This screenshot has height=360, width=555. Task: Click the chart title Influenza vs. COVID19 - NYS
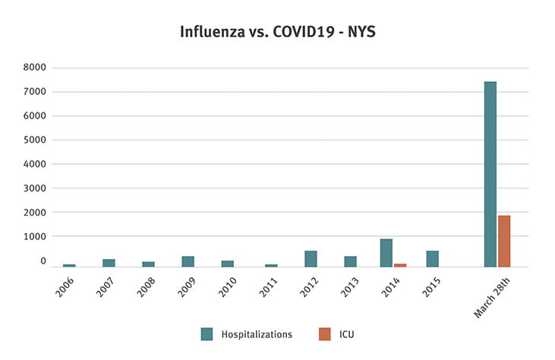(x=277, y=32)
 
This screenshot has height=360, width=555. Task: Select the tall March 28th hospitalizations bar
(x=490, y=174)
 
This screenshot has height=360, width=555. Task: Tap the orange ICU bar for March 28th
(x=504, y=241)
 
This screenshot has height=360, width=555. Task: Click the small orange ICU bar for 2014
(x=400, y=265)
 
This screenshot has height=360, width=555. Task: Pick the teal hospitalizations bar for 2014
(x=386, y=253)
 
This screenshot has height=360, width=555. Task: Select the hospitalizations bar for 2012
(x=311, y=259)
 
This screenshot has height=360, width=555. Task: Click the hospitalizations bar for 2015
(x=432, y=259)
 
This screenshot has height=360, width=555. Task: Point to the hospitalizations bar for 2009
(x=188, y=261)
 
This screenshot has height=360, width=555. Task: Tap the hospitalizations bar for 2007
(x=109, y=263)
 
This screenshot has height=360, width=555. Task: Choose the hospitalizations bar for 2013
(x=350, y=261)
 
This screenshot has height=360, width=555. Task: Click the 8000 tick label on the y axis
(x=35, y=68)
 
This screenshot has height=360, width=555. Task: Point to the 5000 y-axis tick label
(x=35, y=140)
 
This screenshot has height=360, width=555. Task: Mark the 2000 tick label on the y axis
(x=35, y=213)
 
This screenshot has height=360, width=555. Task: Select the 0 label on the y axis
(x=43, y=261)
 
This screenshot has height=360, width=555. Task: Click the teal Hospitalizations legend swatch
(x=207, y=333)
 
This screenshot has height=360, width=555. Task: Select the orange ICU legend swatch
(x=325, y=333)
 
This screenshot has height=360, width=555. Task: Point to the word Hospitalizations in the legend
(x=257, y=334)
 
